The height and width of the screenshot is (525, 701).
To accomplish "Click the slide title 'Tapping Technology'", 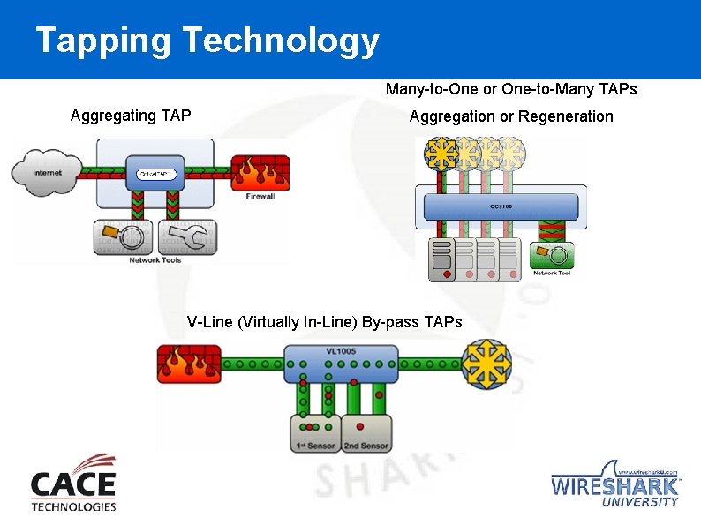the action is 207,41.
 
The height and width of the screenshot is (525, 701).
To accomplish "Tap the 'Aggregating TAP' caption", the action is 130,116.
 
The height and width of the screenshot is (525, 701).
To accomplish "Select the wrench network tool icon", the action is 187,236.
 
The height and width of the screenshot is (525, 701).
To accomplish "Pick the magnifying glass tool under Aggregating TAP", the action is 121,236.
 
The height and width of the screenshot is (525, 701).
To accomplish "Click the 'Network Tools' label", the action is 155,259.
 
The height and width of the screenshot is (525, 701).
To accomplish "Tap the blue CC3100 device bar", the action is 501,207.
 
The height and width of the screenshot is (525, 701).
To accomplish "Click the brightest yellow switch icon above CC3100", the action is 439,154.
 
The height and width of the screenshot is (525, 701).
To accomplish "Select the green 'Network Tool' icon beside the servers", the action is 553,258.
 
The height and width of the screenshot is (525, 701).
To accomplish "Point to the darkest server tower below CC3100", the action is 441,259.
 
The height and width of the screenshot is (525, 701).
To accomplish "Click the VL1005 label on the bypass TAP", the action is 341,350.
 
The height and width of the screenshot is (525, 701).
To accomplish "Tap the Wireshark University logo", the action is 615,484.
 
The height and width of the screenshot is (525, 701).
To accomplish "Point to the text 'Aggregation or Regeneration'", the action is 511,116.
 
